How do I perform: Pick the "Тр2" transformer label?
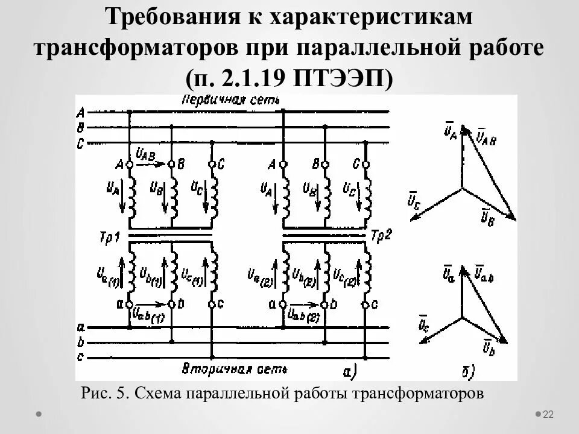click(x=382, y=235)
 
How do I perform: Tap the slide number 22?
click(x=548, y=414)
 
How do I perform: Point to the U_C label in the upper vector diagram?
click(x=414, y=201)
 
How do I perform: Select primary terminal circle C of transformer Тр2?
click(x=365, y=165)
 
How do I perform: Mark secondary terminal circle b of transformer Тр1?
click(x=171, y=305)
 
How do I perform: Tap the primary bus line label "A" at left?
click(x=80, y=112)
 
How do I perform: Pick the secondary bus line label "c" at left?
click(x=80, y=357)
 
